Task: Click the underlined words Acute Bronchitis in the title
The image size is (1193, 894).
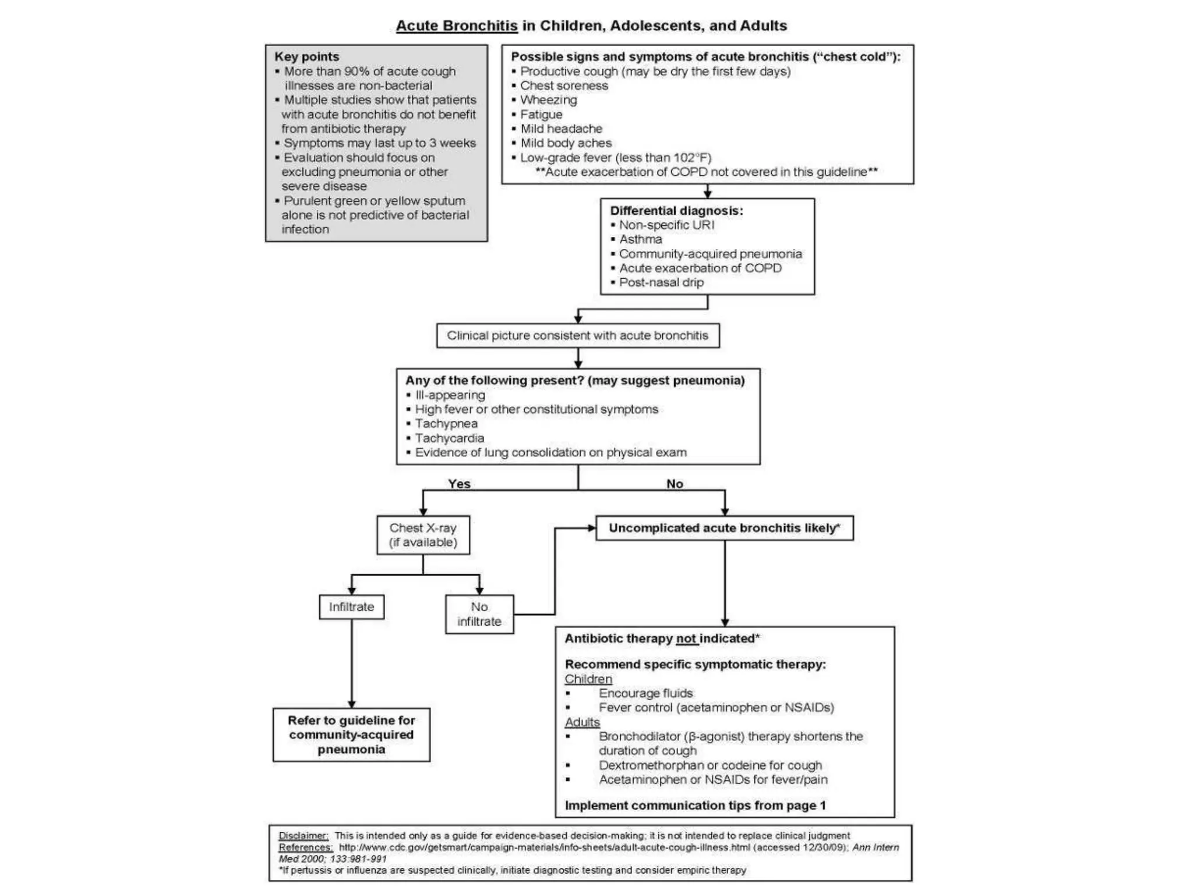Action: coord(457,26)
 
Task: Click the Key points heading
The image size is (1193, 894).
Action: coord(306,56)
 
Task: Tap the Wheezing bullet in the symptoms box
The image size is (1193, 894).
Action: coord(548,100)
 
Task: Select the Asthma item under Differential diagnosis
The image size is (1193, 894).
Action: coord(640,239)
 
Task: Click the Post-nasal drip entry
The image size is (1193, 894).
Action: coord(661,282)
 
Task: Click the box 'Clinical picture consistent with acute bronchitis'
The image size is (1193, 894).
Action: coord(577,336)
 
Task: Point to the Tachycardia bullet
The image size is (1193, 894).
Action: coord(449,438)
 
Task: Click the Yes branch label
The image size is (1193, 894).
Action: coord(459,484)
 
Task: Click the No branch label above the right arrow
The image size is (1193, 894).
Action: coord(675,484)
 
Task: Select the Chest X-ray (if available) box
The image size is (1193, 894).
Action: coord(423,535)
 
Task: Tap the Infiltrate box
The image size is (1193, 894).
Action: coord(351,607)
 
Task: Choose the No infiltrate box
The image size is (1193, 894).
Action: coord(479,614)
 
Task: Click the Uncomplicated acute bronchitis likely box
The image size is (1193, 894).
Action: coord(724,528)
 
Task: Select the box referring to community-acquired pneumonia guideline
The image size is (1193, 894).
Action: coord(351,735)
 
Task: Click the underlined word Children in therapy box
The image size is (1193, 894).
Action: coord(588,679)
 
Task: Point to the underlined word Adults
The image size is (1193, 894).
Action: coord(582,722)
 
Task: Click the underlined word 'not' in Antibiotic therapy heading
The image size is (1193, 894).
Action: coord(686,638)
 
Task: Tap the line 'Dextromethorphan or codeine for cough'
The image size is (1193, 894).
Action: coord(710,765)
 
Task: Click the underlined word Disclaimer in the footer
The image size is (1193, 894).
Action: coord(303,836)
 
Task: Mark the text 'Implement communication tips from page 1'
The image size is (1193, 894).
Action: coord(695,806)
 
